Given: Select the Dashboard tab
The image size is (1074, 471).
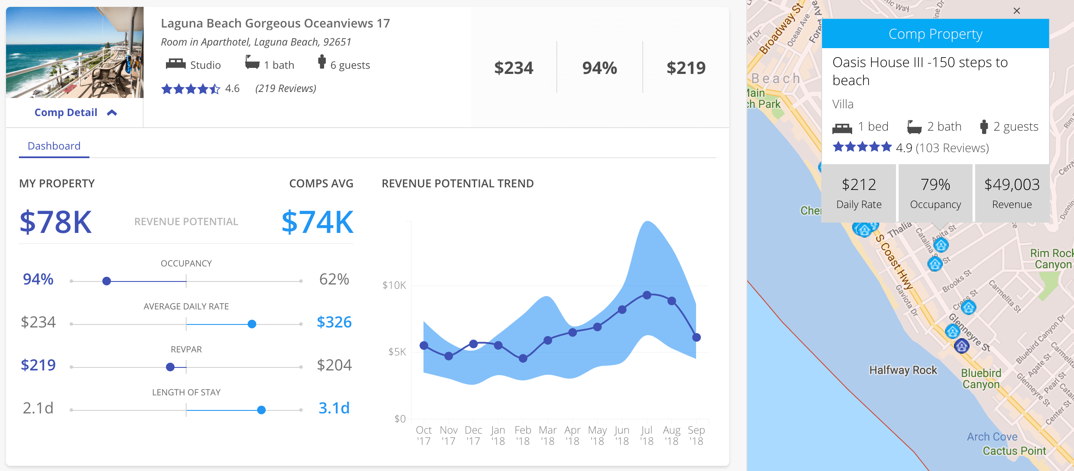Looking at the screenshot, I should (54, 146).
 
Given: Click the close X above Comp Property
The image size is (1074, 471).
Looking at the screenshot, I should (1016, 11).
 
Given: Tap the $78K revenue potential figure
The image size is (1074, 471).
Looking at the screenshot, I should (56, 222).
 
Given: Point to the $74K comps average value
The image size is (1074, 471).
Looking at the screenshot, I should (317, 222).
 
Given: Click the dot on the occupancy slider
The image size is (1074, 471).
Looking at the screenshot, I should (107, 281).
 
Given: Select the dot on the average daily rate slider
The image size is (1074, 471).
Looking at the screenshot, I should (252, 324).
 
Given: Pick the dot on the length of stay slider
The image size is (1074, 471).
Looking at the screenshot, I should (261, 410).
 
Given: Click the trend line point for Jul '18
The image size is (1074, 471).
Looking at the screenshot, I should (647, 295).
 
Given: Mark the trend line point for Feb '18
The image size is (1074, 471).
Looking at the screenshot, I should (523, 358).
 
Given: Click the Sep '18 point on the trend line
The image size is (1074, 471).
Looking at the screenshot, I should (697, 337).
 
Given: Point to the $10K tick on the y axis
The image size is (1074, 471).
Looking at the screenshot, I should (394, 285).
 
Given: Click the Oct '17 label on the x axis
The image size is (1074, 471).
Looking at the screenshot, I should (423, 435).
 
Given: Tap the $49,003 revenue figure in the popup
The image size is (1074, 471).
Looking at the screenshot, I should (1012, 185).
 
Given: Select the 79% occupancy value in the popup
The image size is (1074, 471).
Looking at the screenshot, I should (935, 185).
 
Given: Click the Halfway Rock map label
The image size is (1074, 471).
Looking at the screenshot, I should (903, 370).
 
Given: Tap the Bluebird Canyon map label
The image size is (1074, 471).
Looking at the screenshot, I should (981, 379).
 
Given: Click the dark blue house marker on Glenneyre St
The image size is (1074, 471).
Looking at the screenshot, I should (961, 346).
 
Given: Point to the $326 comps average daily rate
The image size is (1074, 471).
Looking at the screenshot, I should (334, 322).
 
